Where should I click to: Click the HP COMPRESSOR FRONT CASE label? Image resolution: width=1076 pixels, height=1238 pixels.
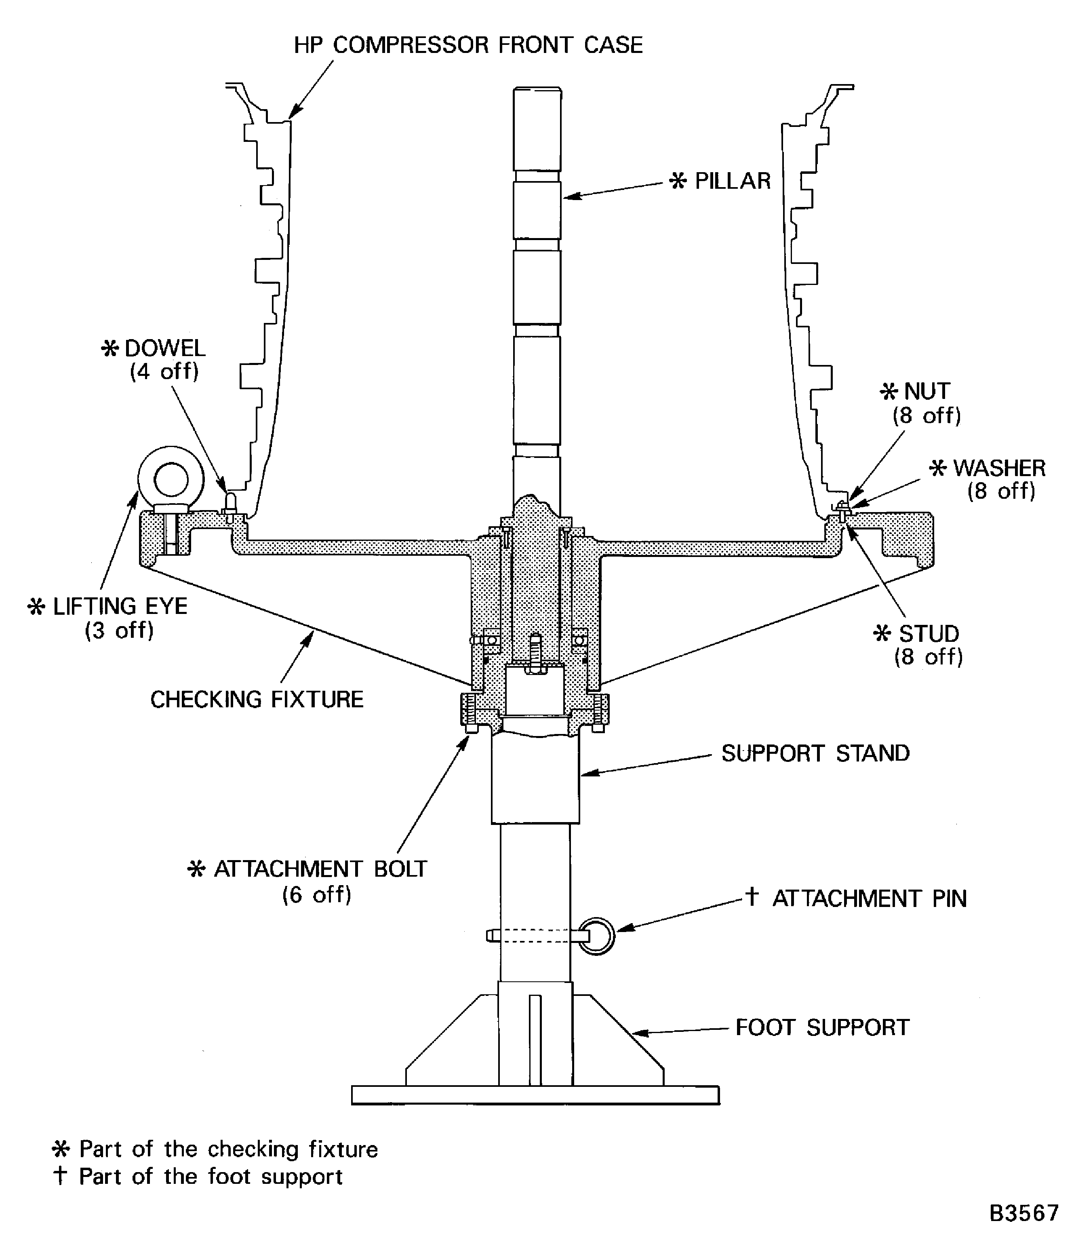[x=468, y=45]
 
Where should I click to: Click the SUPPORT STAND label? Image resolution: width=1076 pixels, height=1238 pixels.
[x=815, y=753]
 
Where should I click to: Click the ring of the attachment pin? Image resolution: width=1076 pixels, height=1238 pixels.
[x=597, y=936]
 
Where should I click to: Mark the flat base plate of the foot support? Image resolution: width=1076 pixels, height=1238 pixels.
[x=535, y=1095]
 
